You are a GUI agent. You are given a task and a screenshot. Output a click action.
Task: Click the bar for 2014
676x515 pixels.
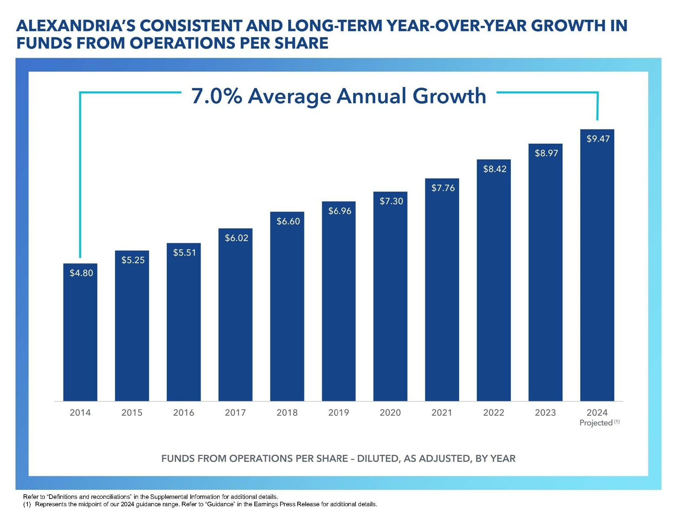click(x=80, y=333)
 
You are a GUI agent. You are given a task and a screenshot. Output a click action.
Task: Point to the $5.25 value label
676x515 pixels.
click(x=133, y=260)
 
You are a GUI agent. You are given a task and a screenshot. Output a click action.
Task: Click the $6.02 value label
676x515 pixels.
click(x=236, y=238)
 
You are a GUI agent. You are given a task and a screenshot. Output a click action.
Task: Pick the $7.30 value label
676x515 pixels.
click(x=391, y=201)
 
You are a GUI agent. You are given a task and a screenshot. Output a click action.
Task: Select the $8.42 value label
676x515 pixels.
click(x=494, y=169)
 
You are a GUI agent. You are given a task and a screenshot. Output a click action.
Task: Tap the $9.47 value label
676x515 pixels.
click(x=598, y=139)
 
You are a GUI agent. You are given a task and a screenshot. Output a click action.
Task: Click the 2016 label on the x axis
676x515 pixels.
click(x=184, y=413)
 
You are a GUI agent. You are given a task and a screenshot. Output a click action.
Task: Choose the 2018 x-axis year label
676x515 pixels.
click(x=287, y=413)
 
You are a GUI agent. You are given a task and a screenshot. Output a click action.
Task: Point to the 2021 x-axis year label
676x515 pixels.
click(x=442, y=413)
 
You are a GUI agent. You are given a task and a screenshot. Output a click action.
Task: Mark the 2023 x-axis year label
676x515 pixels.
click(x=545, y=413)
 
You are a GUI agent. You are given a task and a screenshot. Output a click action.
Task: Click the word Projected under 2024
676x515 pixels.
click(x=596, y=423)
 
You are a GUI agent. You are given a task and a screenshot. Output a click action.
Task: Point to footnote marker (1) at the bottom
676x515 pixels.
click(x=27, y=504)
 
